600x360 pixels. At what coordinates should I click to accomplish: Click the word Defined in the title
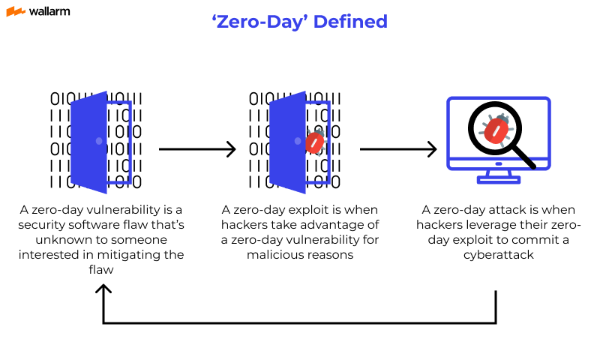pyautogui.click(x=350, y=21)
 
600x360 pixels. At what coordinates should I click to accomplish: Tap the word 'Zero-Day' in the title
pyautogui.click(x=259, y=21)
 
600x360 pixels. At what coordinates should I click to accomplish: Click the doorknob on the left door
pyautogui.click(x=99, y=141)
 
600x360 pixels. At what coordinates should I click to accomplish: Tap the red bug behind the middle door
pyautogui.click(x=316, y=142)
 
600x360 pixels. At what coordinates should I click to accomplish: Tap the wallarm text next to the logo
pyautogui.click(x=50, y=12)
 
